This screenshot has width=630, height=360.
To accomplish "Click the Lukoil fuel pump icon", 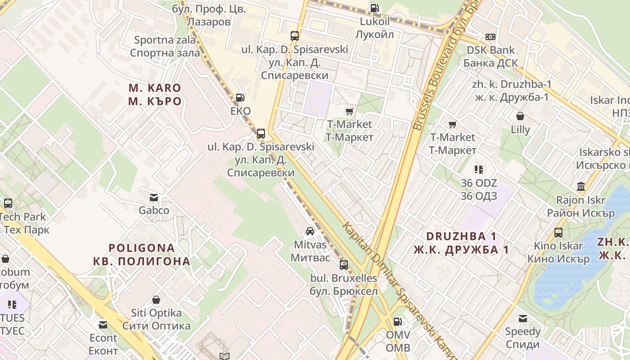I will coord(374,8).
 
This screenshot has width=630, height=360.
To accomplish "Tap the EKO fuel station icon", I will coord(240,97).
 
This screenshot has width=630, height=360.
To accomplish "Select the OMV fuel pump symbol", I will coord(398,321).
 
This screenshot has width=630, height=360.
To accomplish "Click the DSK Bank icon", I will coord(490,37).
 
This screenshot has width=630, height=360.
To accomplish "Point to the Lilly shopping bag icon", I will coord(520,116).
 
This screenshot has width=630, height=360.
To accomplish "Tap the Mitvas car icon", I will coord(310,231).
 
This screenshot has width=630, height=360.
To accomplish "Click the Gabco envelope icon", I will coord(154,197).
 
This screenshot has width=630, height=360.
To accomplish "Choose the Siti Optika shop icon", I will coord(156,299).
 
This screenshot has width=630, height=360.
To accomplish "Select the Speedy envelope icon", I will coord(522,319).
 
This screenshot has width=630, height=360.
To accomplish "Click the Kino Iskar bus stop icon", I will coord(558,233).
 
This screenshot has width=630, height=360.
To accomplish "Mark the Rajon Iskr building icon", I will coord(581,186).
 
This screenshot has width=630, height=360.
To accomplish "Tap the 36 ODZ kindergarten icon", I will coord(478,170).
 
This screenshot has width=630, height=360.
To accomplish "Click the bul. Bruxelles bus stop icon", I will coord(344,265).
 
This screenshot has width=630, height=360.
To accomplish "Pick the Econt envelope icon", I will coord(103,324).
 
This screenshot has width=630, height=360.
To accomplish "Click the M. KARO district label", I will coord(154,94).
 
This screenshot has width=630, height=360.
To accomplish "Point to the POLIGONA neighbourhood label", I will coord(142,254).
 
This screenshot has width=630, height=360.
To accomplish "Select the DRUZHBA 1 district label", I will coord(461,243).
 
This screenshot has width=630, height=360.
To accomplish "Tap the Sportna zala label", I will coord(165,46).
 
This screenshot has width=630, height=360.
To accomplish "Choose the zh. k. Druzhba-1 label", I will coord(512,90).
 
